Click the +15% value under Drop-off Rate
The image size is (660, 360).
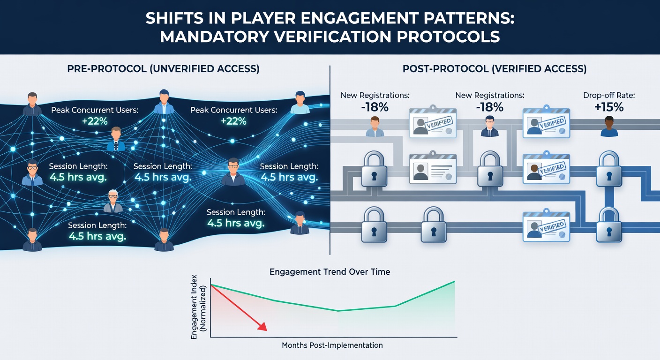(x=609, y=107)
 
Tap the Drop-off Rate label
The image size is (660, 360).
(x=609, y=96)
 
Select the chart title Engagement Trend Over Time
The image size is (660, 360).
(x=330, y=271)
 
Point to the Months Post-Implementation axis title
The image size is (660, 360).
(x=332, y=345)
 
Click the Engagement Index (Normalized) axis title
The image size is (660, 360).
(x=199, y=307)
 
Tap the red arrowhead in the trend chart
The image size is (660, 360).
(x=262, y=327)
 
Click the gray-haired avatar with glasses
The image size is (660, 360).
(x=113, y=201)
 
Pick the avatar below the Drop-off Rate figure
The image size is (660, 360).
(x=609, y=127)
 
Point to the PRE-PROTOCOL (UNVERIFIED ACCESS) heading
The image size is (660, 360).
(x=163, y=68)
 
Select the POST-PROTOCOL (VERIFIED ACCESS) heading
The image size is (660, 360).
(x=495, y=68)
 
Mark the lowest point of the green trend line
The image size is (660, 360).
(x=338, y=311)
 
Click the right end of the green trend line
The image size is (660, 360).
(x=455, y=282)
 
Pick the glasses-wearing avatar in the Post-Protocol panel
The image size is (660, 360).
(x=489, y=126)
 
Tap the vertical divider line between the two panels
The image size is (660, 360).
(x=330, y=160)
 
